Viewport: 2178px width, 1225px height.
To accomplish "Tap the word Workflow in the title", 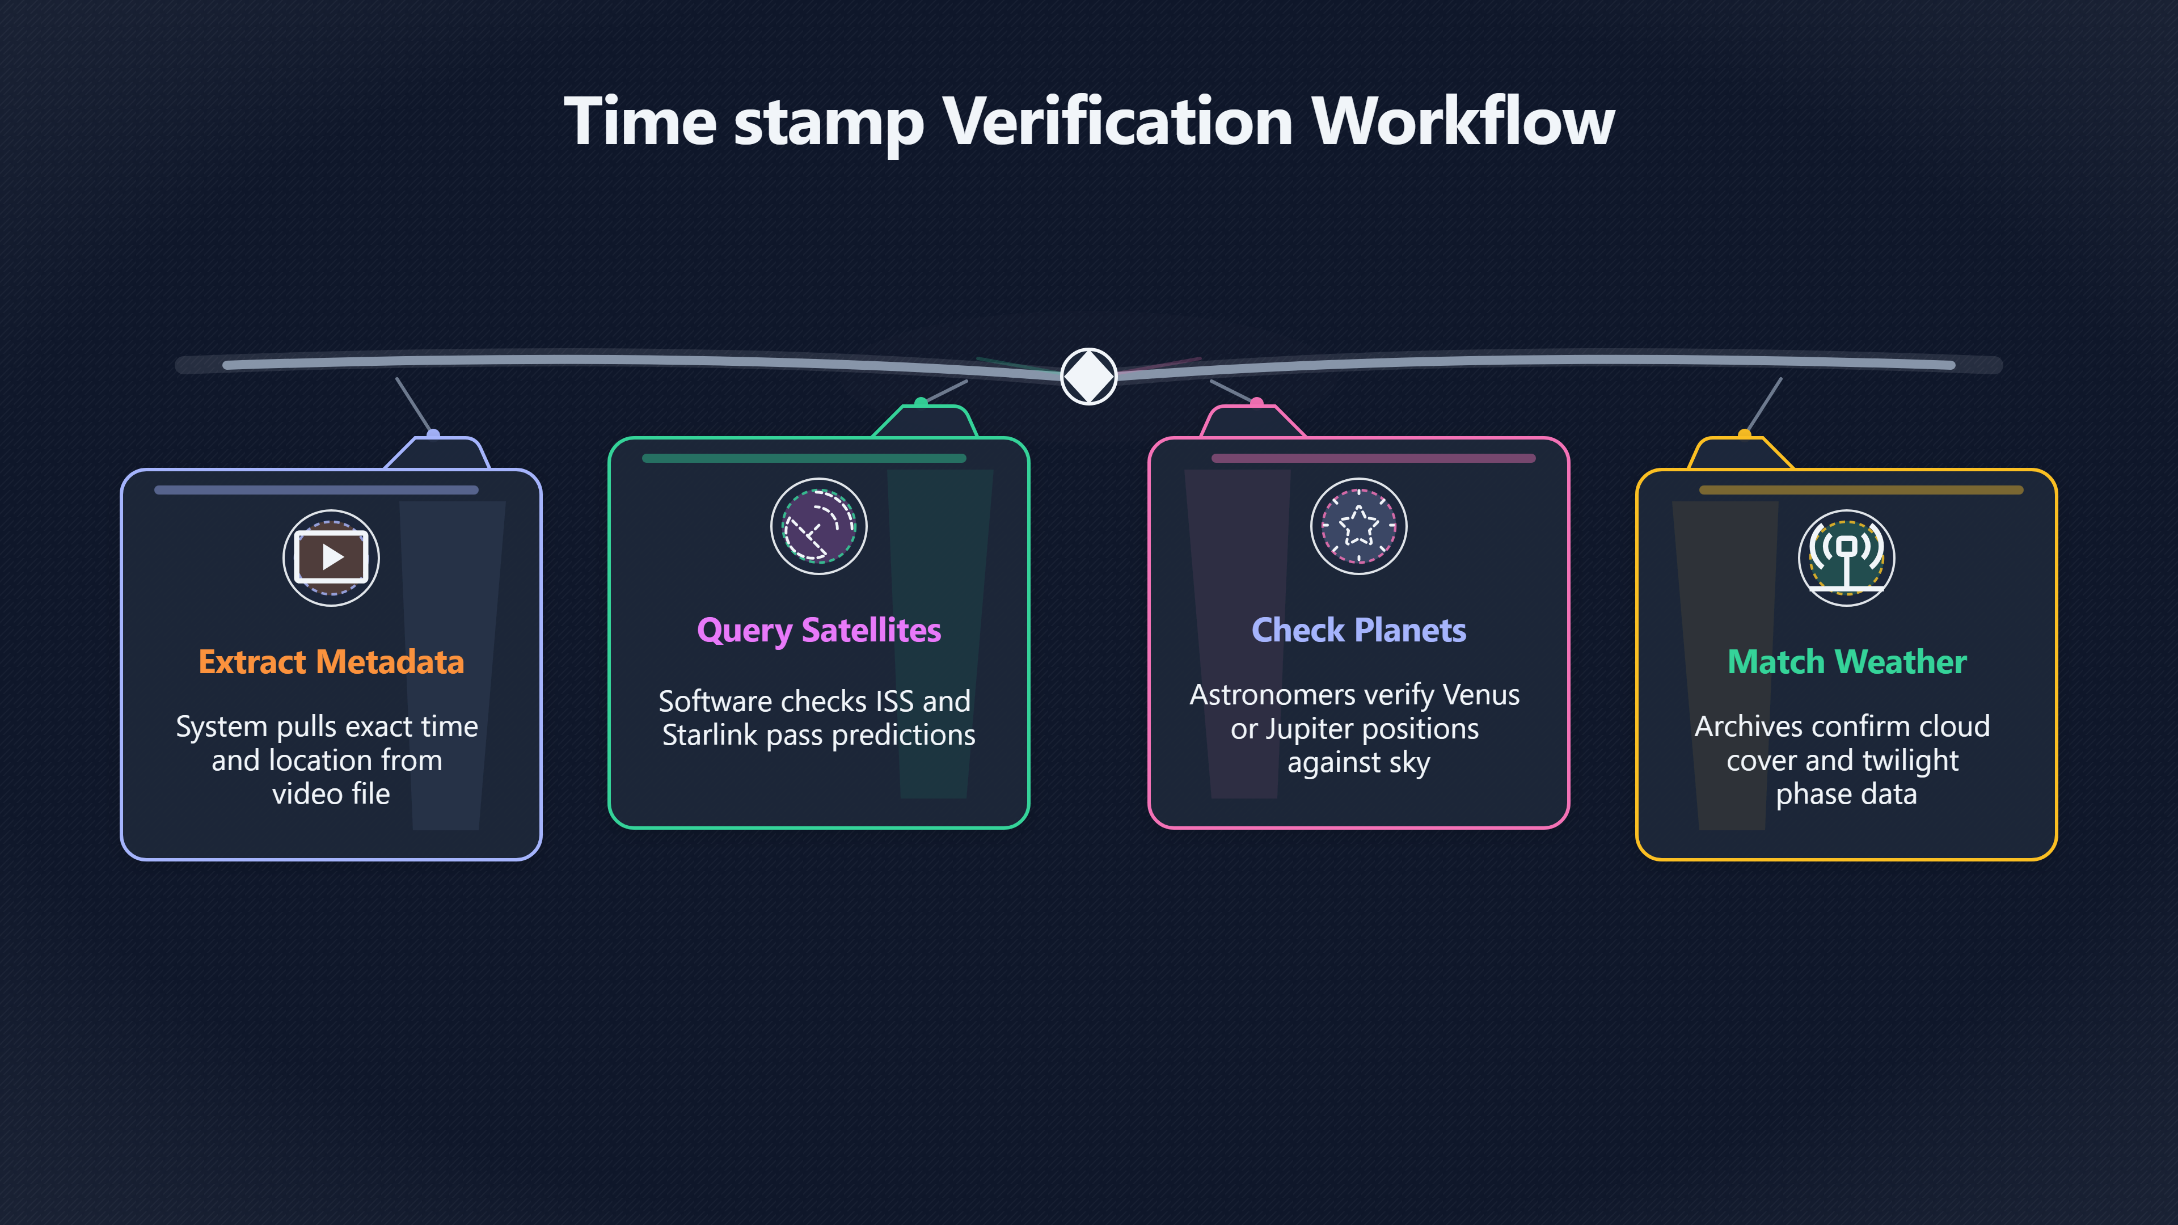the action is pyautogui.click(x=1463, y=122).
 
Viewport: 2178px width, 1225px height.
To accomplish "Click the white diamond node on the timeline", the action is pyautogui.click(x=1089, y=376).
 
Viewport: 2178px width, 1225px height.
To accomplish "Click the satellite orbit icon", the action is pyautogui.click(x=818, y=526).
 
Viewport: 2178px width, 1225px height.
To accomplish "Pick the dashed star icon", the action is pyautogui.click(x=1359, y=526).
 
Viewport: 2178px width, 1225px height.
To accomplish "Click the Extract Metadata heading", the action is pyautogui.click(x=331, y=662).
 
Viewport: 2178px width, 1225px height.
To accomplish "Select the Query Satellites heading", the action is pyautogui.click(x=818, y=631).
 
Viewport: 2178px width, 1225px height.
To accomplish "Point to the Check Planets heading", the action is pyautogui.click(x=1359, y=630).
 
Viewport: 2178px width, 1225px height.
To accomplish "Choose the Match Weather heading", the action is pyautogui.click(x=1847, y=662).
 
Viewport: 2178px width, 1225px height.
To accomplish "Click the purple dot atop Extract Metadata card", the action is pyautogui.click(x=433, y=434).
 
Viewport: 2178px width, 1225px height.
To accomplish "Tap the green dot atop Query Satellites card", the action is pyautogui.click(x=921, y=403).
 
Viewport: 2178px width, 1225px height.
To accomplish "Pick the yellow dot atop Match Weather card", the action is pyautogui.click(x=1744, y=434).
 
